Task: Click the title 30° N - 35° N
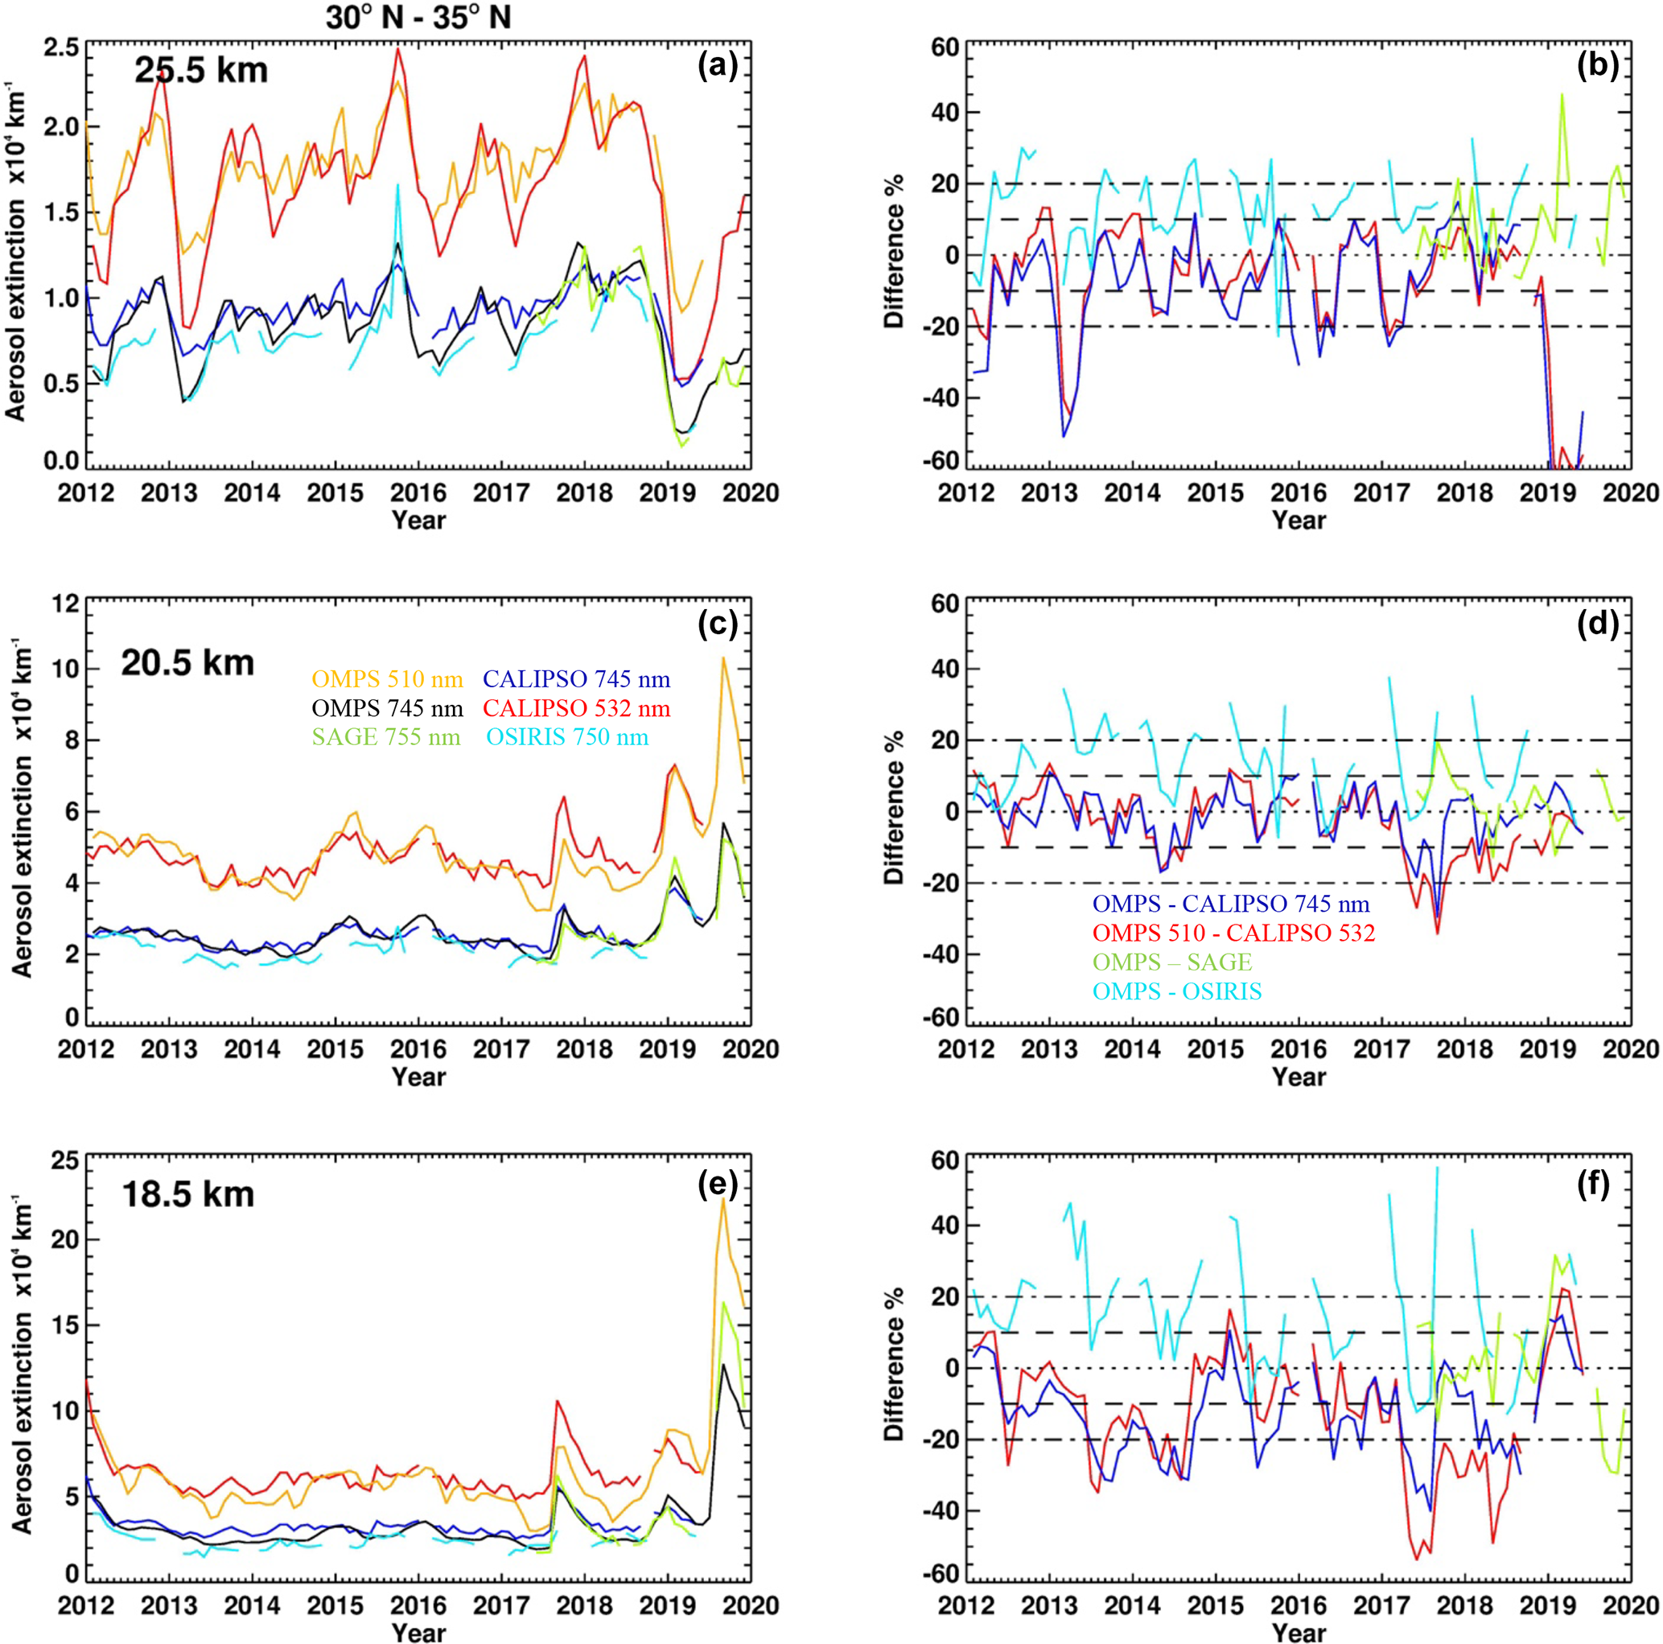coord(418,18)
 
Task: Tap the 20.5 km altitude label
coord(187,663)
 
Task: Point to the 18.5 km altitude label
coord(187,1195)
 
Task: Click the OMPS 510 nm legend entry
coord(387,680)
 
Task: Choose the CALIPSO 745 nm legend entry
coord(577,680)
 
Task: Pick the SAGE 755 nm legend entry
coord(386,738)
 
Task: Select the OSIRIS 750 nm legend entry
coord(568,738)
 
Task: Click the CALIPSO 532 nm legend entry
coord(577,708)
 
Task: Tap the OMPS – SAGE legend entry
coord(1171,962)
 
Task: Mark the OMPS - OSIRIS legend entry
coord(1177,991)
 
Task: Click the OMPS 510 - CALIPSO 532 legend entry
coord(1233,932)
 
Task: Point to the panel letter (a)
coord(718,66)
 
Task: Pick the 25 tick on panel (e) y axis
coord(65,1160)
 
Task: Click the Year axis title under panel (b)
coord(1299,520)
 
